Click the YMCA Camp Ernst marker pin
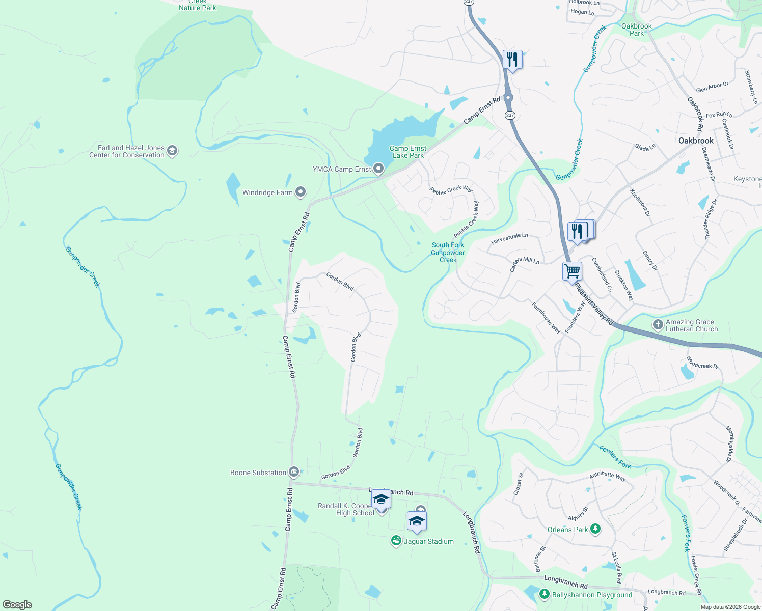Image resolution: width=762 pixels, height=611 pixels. tap(378, 169)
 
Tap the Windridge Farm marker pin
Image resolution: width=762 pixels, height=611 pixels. tap(301, 192)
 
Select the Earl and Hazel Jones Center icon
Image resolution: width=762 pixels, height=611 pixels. tap(172, 151)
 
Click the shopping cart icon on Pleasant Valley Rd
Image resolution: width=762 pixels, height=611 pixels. tap(572, 271)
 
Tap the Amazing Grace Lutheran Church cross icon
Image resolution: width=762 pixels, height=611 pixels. tap(658, 325)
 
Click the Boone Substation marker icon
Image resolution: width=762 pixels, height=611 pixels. tap(293, 472)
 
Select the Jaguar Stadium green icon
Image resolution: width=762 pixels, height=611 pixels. tap(396, 541)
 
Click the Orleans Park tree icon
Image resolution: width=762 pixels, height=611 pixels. tap(595, 530)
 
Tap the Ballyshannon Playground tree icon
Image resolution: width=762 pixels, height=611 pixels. tap(544, 594)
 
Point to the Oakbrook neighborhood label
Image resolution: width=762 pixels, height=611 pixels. tap(696, 141)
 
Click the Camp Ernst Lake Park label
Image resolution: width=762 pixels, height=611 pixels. tap(408, 152)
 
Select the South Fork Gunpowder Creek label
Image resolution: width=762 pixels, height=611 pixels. tap(448, 252)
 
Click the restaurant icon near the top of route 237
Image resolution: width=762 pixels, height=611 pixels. tap(512, 60)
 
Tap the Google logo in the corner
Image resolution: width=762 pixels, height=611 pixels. tap(17, 605)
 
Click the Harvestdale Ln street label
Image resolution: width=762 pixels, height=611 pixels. tap(509, 238)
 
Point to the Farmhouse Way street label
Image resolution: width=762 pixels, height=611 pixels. tap(546, 318)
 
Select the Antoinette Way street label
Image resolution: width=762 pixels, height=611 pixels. tap(607, 476)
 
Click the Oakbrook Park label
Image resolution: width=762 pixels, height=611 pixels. tap(636, 30)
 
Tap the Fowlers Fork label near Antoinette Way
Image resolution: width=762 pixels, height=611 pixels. tap(615, 457)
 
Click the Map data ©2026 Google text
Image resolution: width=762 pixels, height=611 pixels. tap(730, 606)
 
